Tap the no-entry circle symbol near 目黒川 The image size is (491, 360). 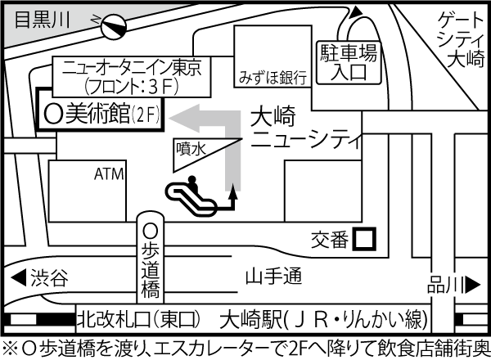point(112,29)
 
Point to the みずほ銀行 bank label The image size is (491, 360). point(273,79)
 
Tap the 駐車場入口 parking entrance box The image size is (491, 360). point(349,62)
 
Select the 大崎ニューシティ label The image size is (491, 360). point(304,129)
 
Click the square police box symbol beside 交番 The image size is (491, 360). point(365,239)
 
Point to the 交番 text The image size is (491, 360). point(331,240)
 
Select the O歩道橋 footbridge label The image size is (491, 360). point(150,260)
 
